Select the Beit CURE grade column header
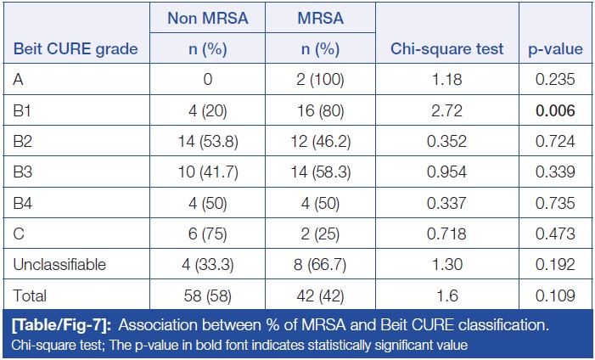click(x=75, y=49)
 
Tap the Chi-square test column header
click(x=447, y=49)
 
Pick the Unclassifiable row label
click(x=59, y=264)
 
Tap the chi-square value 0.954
click(x=447, y=172)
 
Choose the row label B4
click(x=22, y=203)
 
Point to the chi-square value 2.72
click(x=447, y=111)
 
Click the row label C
click(x=18, y=233)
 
